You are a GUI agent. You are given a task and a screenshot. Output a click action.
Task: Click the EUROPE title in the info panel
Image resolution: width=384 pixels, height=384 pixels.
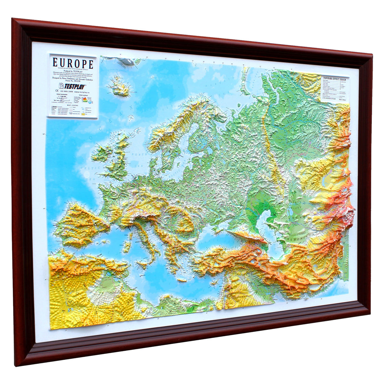[x=73, y=64]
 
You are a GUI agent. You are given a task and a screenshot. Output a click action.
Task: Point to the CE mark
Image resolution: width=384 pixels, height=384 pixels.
[x=54, y=92]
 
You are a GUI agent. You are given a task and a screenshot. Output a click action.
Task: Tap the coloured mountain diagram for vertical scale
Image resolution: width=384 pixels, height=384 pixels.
[x=86, y=100]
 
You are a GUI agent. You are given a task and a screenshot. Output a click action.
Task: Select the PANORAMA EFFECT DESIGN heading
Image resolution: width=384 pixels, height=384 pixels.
[x=334, y=78]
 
